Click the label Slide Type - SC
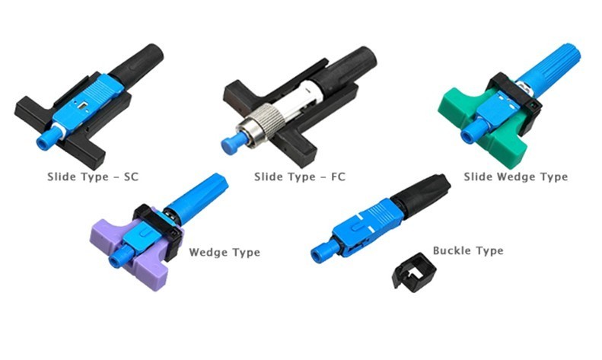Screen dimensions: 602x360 tap(93, 177)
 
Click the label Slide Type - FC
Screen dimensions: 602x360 tap(299, 177)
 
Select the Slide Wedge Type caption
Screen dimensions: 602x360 tap(515, 177)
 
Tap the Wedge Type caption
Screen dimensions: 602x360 tap(225, 252)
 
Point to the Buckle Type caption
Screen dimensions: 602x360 tap(468, 250)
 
